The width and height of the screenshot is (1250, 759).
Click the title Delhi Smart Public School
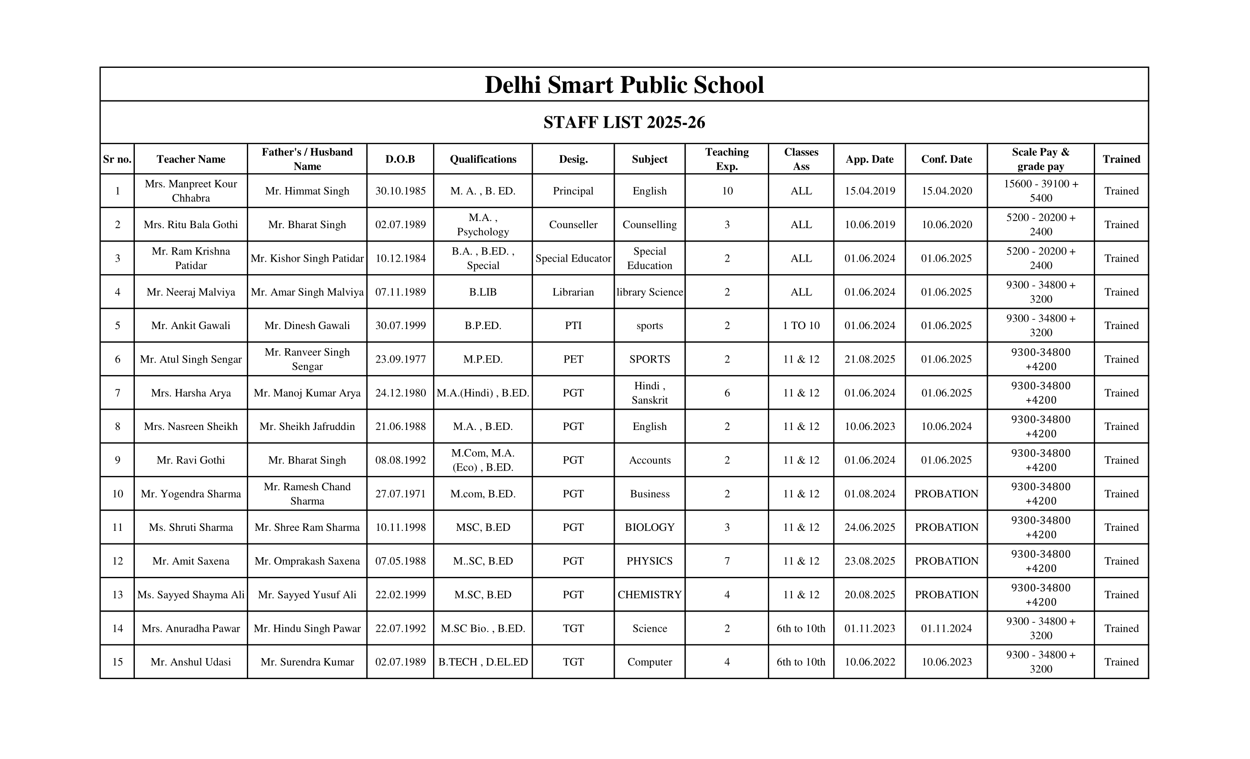point(624,85)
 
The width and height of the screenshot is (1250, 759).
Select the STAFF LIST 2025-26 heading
point(624,122)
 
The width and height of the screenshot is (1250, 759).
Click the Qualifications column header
point(483,159)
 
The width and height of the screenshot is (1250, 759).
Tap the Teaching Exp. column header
point(726,159)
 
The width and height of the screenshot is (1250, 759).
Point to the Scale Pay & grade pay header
point(1041,159)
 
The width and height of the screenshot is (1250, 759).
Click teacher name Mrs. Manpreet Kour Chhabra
point(191,191)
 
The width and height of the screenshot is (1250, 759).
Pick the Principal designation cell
point(573,191)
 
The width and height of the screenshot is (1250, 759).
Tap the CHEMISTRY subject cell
point(650,595)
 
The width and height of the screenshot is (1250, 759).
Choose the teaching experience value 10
point(727,191)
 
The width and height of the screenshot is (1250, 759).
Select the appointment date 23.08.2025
point(870,561)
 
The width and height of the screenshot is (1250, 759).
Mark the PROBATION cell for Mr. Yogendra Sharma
point(946,494)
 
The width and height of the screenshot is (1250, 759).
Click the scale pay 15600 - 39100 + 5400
point(1041,191)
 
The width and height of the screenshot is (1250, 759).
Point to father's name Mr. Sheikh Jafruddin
point(307,427)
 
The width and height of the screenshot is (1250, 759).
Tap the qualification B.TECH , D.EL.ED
point(483,662)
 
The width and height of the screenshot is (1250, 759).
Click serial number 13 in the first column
point(117,595)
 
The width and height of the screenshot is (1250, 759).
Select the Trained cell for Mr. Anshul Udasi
point(1121,662)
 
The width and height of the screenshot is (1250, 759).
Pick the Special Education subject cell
point(650,258)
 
